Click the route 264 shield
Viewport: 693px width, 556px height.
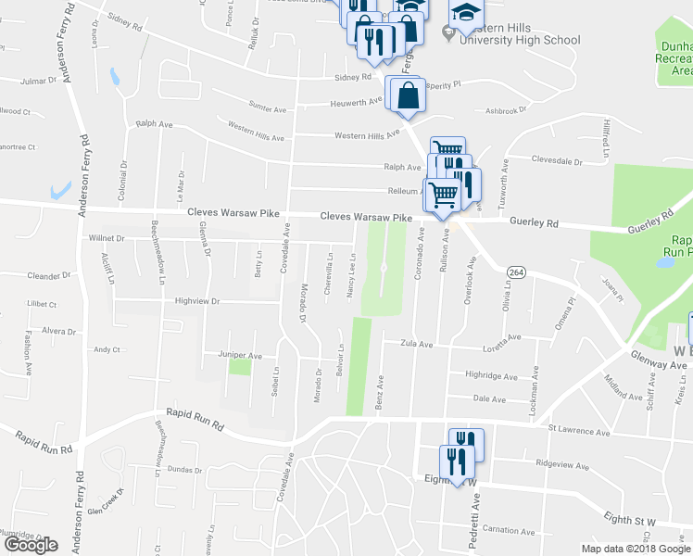pos(515,271)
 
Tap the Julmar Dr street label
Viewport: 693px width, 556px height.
pos(38,81)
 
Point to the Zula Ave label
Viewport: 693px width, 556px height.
pos(417,344)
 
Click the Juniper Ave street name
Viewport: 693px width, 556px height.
pos(240,355)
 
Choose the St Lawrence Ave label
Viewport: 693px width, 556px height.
pos(579,431)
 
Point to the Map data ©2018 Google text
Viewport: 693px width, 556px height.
pos(636,549)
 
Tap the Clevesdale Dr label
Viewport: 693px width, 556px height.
pos(557,160)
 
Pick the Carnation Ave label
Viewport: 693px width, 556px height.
pos(509,531)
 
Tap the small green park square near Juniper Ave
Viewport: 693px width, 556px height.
pos(240,367)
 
